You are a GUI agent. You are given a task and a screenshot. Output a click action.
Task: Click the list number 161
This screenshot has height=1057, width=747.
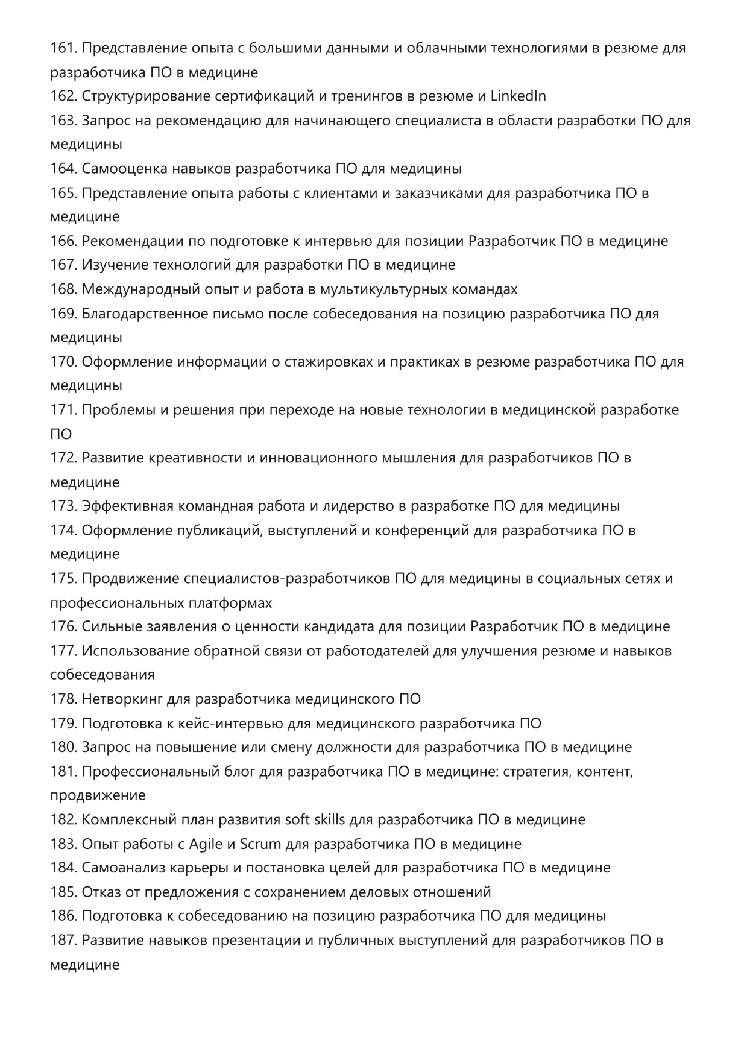click(63, 48)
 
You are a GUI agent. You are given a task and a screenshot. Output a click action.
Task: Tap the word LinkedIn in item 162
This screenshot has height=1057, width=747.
click(518, 96)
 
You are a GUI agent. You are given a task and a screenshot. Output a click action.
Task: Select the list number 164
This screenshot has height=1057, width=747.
click(63, 168)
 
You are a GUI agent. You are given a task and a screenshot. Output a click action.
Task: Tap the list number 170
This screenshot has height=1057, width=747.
click(63, 361)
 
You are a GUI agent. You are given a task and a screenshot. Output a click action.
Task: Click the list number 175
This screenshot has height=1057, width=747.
click(63, 578)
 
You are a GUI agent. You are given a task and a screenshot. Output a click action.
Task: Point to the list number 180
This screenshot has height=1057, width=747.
click(63, 747)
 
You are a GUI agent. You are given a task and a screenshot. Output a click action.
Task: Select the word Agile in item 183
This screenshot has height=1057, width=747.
click(206, 844)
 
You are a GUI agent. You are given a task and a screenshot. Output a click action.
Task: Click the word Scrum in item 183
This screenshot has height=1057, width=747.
click(260, 844)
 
